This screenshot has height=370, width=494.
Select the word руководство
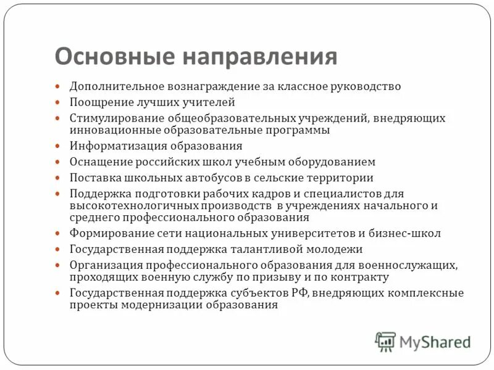pyautogui.click(x=366, y=86)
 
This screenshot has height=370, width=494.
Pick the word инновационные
pyautogui.click(x=115, y=131)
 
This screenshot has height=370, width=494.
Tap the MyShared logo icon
pyautogui.click(x=385, y=340)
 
